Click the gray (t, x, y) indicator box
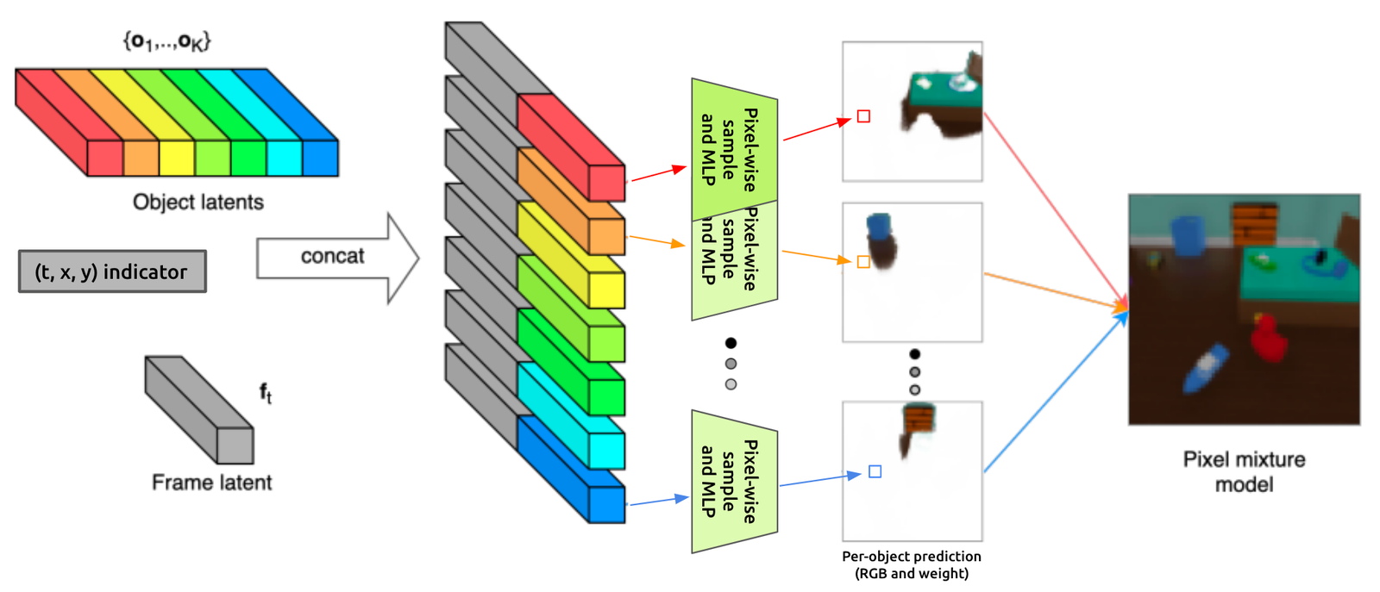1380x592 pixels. [112, 271]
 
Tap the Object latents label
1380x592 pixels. [198, 202]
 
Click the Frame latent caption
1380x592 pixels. [211, 483]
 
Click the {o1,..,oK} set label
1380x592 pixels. [166, 41]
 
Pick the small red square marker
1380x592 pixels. [863, 116]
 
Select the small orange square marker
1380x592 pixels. [863, 261]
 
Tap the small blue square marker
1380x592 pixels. [875, 471]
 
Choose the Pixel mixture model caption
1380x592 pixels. [1244, 471]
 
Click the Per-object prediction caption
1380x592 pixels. [912, 564]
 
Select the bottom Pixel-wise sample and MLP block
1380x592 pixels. [734, 481]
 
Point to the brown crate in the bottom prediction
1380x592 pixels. [919, 420]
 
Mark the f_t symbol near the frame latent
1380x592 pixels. [266, 393]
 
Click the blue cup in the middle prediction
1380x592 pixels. [879, 226]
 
